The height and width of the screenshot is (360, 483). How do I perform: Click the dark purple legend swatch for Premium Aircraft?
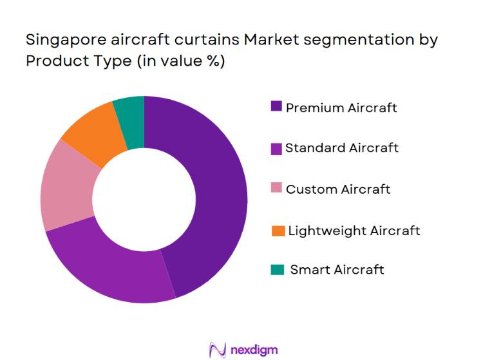coord(276,107)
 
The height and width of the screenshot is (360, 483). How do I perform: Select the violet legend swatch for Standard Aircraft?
coord(276,148)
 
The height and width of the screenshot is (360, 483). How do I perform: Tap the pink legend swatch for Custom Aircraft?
coord(276,189)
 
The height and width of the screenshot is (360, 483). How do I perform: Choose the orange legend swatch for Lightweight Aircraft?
coord(276,230)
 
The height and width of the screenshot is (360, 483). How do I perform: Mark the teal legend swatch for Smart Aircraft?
coord(276,270)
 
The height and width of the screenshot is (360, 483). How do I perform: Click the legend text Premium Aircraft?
coord(341,108)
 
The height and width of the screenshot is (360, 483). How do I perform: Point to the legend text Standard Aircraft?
coord(342,148)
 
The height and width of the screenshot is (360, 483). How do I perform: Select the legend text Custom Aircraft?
coord(338,189)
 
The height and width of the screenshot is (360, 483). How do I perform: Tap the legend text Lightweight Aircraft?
coord(354,230)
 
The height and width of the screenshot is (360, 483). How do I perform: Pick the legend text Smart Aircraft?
coord(337,270)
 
